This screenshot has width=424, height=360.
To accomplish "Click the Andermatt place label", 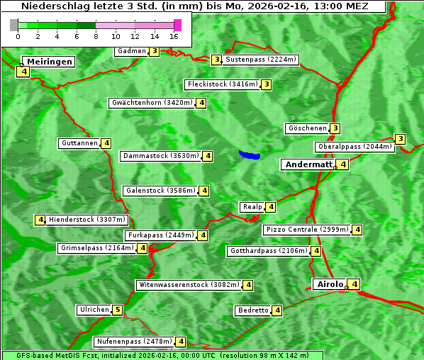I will [x=308, y=164].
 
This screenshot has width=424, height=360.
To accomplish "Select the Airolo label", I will [x=330, y=284].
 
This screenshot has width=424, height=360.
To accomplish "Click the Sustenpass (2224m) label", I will [x=261, y=60].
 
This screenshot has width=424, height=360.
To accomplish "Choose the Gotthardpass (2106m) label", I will [x=268, y=251].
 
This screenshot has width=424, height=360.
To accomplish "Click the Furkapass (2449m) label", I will [x=160, y=235].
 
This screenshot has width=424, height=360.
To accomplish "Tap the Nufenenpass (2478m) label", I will [x=133, y=342].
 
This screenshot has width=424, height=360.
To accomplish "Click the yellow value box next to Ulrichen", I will [x=118, y=310].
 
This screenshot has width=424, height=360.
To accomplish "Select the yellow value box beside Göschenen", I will [x=335, y=128].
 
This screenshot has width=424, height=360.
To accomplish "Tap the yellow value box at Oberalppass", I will [x=401, y=139].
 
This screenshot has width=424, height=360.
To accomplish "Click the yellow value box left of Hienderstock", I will [x=40, y=220].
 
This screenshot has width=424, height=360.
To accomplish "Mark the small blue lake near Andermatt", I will [x=250, y=154].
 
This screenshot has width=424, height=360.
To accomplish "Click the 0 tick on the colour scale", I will [x=17, y=35].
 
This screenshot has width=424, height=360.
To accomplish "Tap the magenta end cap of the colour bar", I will [x=177, y=25].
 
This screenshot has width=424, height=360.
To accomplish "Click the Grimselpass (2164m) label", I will [x=97, y=248].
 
